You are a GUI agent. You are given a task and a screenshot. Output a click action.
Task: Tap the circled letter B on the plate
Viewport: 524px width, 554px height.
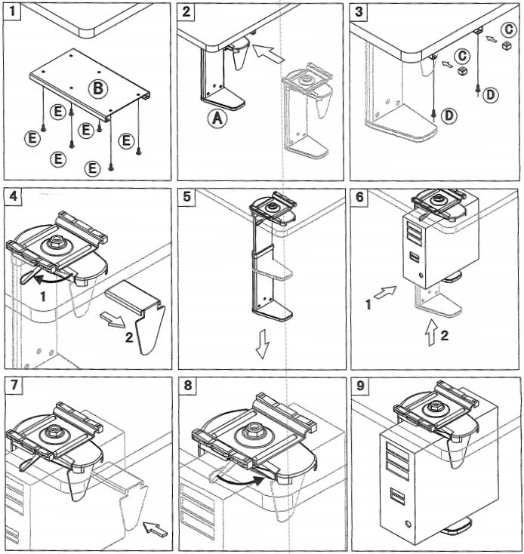97,88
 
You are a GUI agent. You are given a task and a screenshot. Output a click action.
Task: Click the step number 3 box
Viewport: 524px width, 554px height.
359,11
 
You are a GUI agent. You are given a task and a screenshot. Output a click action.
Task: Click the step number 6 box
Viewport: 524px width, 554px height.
359,197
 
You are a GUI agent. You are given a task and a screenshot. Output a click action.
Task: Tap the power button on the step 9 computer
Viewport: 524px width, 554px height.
408,523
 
